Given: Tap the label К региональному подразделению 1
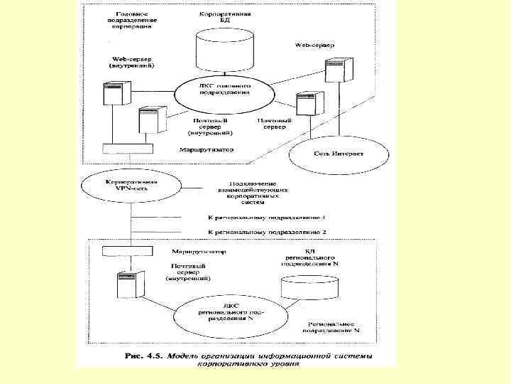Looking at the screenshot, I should pyautogui.click(x=268, y=218).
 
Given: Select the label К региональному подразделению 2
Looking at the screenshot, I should pyautogui.click(x=268, y=233).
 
